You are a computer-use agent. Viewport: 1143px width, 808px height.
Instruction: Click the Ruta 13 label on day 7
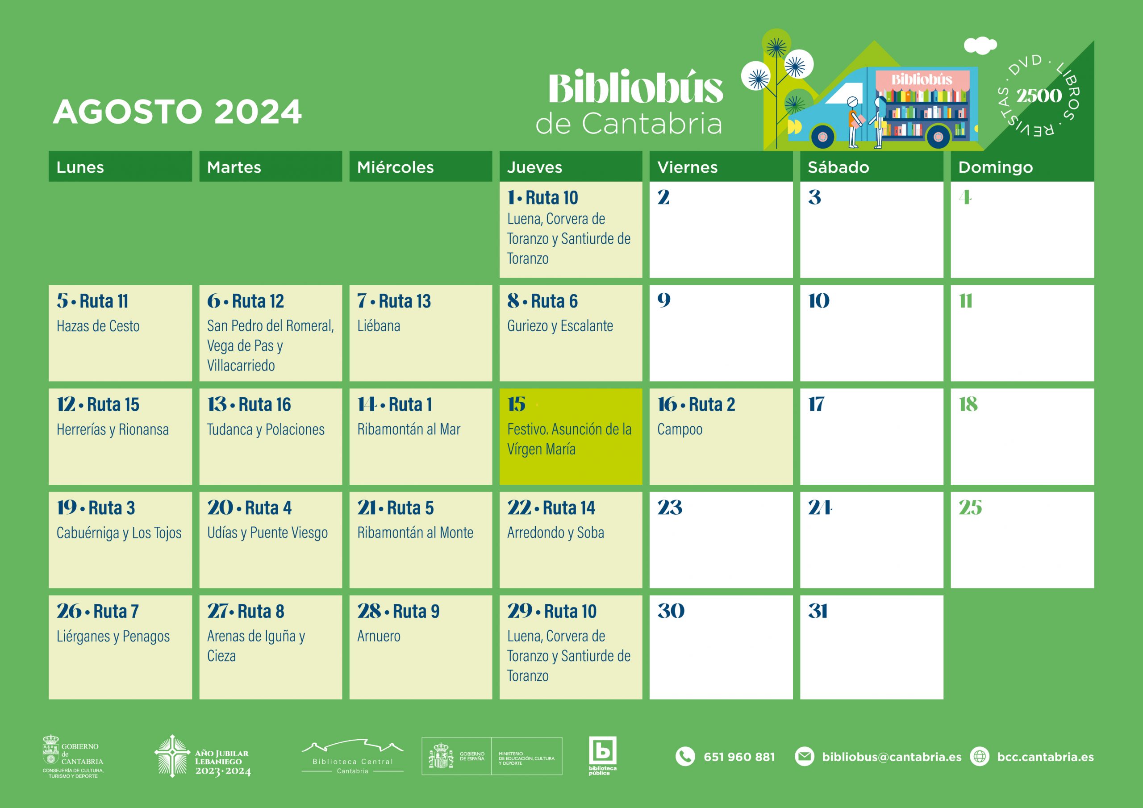click(x=405, y=301)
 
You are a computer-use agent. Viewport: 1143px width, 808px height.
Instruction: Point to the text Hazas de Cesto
click(x=98, y=325)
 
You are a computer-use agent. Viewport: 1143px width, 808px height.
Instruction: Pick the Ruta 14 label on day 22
click(x=569, y=508)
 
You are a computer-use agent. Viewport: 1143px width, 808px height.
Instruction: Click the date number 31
click(x=818, y=611)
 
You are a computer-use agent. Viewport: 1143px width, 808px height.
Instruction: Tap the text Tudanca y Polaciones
click(x=266, y=429)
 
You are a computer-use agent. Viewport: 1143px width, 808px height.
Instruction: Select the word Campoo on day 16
click(x=680, y=429)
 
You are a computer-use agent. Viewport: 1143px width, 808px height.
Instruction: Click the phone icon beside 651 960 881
click(x=685, y=757)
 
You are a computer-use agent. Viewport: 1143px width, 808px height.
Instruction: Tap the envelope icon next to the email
click(x=805, y=757)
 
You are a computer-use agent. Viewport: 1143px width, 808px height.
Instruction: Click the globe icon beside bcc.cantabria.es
click(x=980, y=757)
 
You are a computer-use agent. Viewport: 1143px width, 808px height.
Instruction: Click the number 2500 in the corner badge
click(x=1039, y=96)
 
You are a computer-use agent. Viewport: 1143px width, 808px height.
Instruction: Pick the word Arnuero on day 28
click(x=379, y=636)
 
